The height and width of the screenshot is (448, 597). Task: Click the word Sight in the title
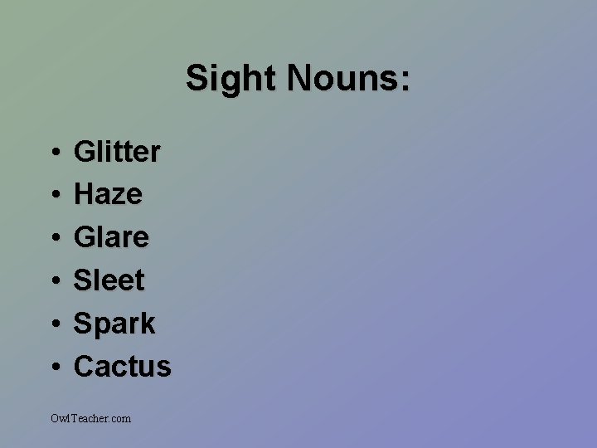pos(232,80)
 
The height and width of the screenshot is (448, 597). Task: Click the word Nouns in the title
pos(341,80)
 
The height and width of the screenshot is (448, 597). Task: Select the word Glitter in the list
pos(117,152)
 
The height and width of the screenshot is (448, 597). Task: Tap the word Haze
pos(108,195)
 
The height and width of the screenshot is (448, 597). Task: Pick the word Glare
pos(112,238)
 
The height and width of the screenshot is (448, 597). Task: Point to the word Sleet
pos(109,281)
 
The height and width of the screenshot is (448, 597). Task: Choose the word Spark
pos(114,324)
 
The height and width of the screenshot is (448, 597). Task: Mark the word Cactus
pos(123,367)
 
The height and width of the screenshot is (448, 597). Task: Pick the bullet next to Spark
pos(53,325)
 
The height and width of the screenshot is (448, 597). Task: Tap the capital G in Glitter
pos(85,152)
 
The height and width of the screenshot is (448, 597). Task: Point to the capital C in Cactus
pos(85,367)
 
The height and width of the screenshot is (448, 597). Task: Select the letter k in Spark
pos(147,324)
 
